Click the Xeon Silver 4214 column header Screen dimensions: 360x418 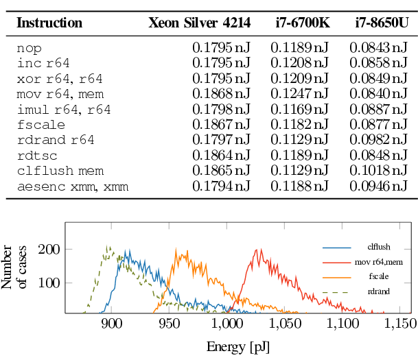199,23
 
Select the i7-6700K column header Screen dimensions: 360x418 299,23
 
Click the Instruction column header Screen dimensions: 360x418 49,23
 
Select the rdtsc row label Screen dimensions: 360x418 34,155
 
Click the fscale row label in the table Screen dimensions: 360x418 41,124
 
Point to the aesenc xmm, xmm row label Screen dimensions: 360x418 73,185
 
